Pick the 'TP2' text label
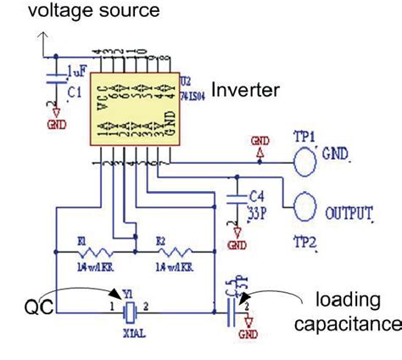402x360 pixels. pos(306,241)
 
